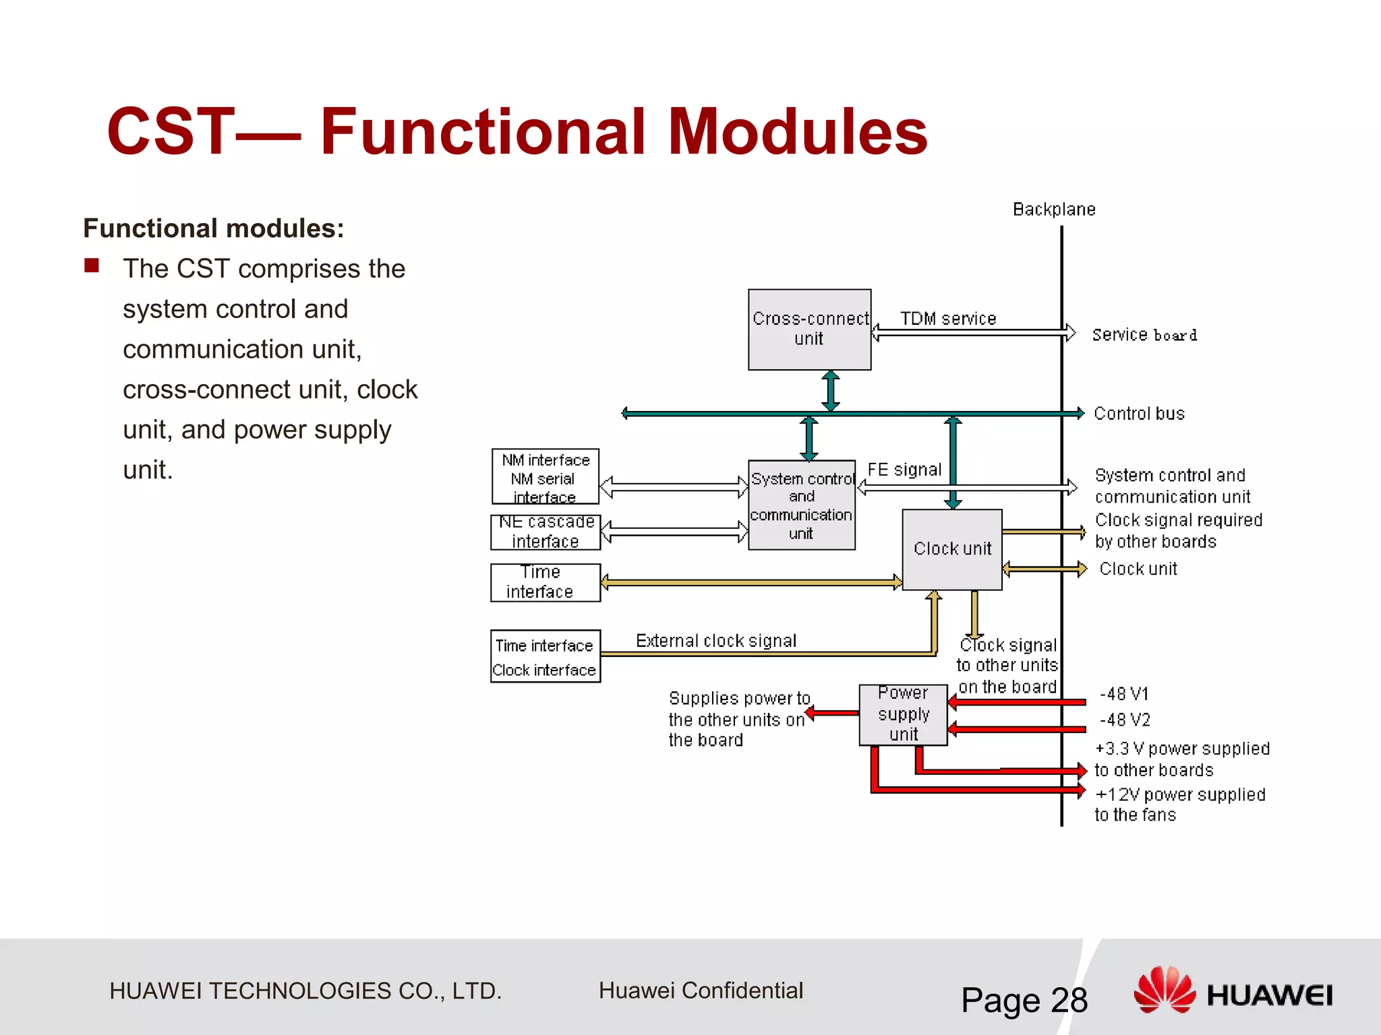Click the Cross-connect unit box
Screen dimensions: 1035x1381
[x=809, y=330]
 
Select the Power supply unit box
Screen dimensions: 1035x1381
[x=903, y=714]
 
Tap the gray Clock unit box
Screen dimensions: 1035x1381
[x=951, y=549]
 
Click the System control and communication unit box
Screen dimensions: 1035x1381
[x=801, y=505]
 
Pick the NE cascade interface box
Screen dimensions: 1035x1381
[x=545, y=532]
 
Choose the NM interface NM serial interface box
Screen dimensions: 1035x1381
[x=545, y=476]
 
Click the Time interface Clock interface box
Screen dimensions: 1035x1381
[x=545, y=656]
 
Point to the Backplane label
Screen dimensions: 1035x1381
[x=1054, y=210]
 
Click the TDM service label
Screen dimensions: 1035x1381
[x=947, y=319]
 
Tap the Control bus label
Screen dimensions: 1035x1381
[x=1139, y=414]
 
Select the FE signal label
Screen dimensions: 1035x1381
[x=904, y=470]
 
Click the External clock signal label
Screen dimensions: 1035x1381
[x=715, y=640]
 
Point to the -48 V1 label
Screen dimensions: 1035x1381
[x=1123, y=694]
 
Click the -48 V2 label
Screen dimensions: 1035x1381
[x=1124, y=720]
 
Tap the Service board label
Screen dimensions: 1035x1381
[x=1144, y=335]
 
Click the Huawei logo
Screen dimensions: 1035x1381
[x=1233, y=991]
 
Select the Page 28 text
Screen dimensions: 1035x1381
[x=1024, y=1000]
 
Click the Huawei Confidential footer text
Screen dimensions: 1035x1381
[x=701, y=991]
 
